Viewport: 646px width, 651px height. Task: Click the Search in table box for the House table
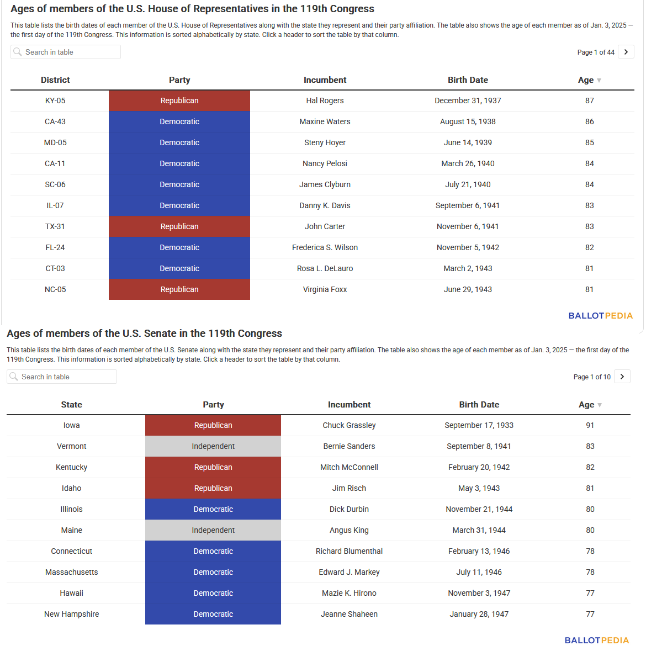66,52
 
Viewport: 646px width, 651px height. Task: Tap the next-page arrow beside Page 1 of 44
626,52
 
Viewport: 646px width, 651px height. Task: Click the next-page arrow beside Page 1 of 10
622,377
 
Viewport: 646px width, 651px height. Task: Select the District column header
55,80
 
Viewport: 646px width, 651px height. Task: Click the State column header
71,404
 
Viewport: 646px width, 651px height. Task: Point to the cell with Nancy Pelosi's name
325,163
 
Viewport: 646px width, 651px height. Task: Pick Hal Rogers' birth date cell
468,100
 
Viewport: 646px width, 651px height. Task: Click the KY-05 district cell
55,100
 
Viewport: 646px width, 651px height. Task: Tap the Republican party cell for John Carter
179,226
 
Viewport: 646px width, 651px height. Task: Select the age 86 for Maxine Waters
590,121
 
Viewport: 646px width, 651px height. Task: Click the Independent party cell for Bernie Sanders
213,446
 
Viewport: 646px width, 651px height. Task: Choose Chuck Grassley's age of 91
590,425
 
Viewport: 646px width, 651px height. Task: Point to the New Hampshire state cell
71,614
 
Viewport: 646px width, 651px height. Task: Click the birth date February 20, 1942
479,467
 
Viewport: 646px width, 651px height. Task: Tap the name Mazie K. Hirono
349,593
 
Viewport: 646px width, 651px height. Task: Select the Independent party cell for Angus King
213,530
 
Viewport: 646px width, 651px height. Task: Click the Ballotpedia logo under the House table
600,315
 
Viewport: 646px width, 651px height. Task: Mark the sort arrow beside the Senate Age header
599,405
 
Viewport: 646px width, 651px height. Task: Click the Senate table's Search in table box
62,377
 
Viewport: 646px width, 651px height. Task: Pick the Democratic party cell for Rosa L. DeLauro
179,268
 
